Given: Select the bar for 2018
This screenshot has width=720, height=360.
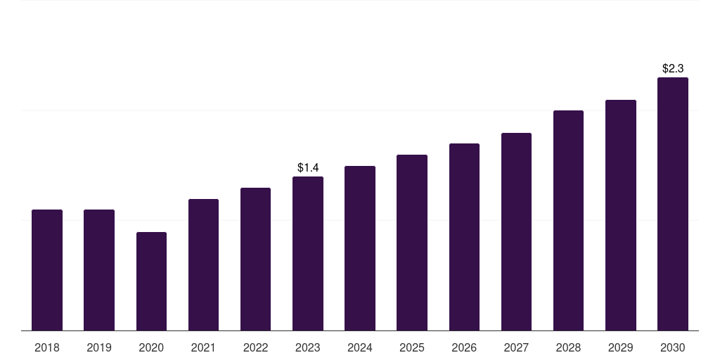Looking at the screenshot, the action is point(47,270).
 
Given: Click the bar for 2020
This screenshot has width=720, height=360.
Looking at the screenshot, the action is point(152,281).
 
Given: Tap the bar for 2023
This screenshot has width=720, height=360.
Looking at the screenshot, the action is point(308,253).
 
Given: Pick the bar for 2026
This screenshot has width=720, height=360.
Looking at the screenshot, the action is point(464,237).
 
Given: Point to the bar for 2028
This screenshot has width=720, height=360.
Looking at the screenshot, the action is point(568,220).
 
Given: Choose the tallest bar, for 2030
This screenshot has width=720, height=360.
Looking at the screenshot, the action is point(673,204).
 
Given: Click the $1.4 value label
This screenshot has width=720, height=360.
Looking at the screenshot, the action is point(308,167).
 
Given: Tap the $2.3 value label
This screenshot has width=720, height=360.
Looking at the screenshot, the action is point(673,68).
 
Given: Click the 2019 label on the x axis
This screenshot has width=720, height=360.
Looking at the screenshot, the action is point(99,347).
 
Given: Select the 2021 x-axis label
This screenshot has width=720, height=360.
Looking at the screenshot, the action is point(203,347).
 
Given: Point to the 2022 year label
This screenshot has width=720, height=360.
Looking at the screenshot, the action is point(255,347).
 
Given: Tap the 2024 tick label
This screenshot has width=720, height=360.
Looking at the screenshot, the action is point(360,347).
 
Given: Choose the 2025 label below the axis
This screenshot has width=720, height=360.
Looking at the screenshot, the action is point(412,347).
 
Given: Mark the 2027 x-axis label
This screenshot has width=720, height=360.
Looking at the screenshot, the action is point(516,347).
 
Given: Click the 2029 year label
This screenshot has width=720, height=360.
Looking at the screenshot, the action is point(620,347).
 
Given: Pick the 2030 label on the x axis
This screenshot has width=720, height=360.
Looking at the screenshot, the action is point(673,347).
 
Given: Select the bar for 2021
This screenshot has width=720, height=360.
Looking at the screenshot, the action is point(203,265).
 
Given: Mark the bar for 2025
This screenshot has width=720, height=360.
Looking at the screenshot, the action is point(412,243).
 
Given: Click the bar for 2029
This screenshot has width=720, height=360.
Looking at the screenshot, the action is point(621,215).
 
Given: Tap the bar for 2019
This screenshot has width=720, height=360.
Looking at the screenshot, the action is point(99,270).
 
